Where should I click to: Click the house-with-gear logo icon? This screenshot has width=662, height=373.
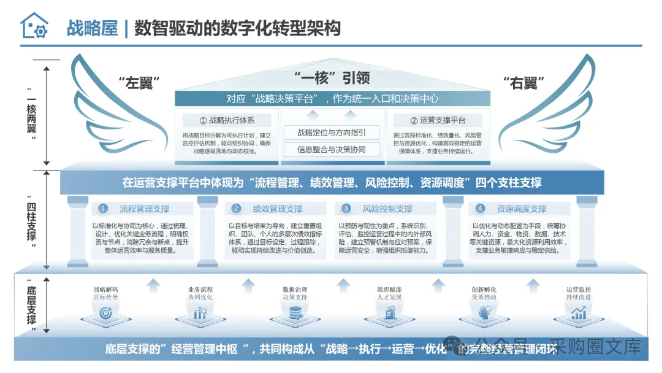pyautogui.click(x=34, y=26)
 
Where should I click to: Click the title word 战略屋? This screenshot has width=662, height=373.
pyautogui.click(x=92, y=28)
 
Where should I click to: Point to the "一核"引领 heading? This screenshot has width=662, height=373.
pyautogui.click(x=332, y=78)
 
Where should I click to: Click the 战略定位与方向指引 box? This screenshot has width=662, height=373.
pyautogui.click(x=332, y=133)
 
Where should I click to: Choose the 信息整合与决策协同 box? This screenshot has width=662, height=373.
pyautogui.click(x=332, y=148)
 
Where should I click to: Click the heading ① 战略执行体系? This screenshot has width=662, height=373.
pyautogui.click(x=227, y=120)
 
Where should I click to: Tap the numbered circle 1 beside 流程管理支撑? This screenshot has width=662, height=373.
pyautogui.click(x=104, y=209)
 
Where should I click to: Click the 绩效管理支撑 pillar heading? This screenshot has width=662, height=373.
pyautogui.click(x=277, y=209)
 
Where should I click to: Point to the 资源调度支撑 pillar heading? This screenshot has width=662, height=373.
pyautogui.click(x=521, y=209)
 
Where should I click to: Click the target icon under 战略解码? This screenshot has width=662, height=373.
pyautogui.click(x=105, y=313)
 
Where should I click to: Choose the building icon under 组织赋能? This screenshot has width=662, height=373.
pyautogui.click(x=389, y=313)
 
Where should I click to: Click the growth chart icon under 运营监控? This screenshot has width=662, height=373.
pyautogui.click(x=578, y=313)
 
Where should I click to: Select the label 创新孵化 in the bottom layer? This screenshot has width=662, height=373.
pyautogui.click(x=484, y=290)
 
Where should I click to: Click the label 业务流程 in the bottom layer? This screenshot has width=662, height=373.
pyautogui.click(x=200, y=290)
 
